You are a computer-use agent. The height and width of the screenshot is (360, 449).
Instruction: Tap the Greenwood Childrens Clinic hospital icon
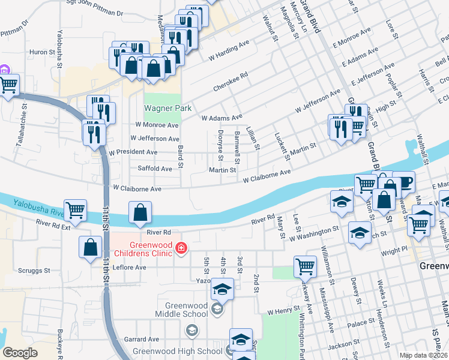click(179, 247)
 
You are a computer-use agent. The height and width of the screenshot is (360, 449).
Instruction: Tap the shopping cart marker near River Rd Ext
click(75, 211)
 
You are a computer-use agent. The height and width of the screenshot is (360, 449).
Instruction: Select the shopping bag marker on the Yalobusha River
click(140, 212)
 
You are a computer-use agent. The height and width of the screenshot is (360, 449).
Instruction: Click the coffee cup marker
click(403, 181)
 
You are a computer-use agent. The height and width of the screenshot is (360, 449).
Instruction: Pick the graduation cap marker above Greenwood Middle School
click(222, 291)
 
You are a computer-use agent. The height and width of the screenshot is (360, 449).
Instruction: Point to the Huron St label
click(42, 52)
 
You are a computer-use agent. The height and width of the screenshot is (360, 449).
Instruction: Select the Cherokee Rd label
click(231, 83)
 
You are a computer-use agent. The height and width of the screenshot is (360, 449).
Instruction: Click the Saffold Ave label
click(155, 169)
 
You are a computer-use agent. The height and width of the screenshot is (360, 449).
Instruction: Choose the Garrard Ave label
click(140, 339)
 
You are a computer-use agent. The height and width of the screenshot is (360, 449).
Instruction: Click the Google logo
click(20, 353)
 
